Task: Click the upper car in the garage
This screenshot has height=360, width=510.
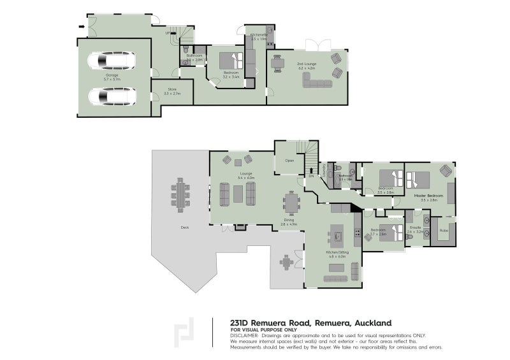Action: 112,61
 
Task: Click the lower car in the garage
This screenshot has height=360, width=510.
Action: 112,97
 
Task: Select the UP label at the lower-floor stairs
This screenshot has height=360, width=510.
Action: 168,33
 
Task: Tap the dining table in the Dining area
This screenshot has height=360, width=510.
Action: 291,204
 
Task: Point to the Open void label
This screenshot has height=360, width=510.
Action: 289,161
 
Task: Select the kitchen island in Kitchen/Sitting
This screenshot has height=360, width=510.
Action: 337,237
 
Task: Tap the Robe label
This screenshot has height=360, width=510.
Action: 444,230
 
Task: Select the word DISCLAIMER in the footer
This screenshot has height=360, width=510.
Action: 245,334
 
